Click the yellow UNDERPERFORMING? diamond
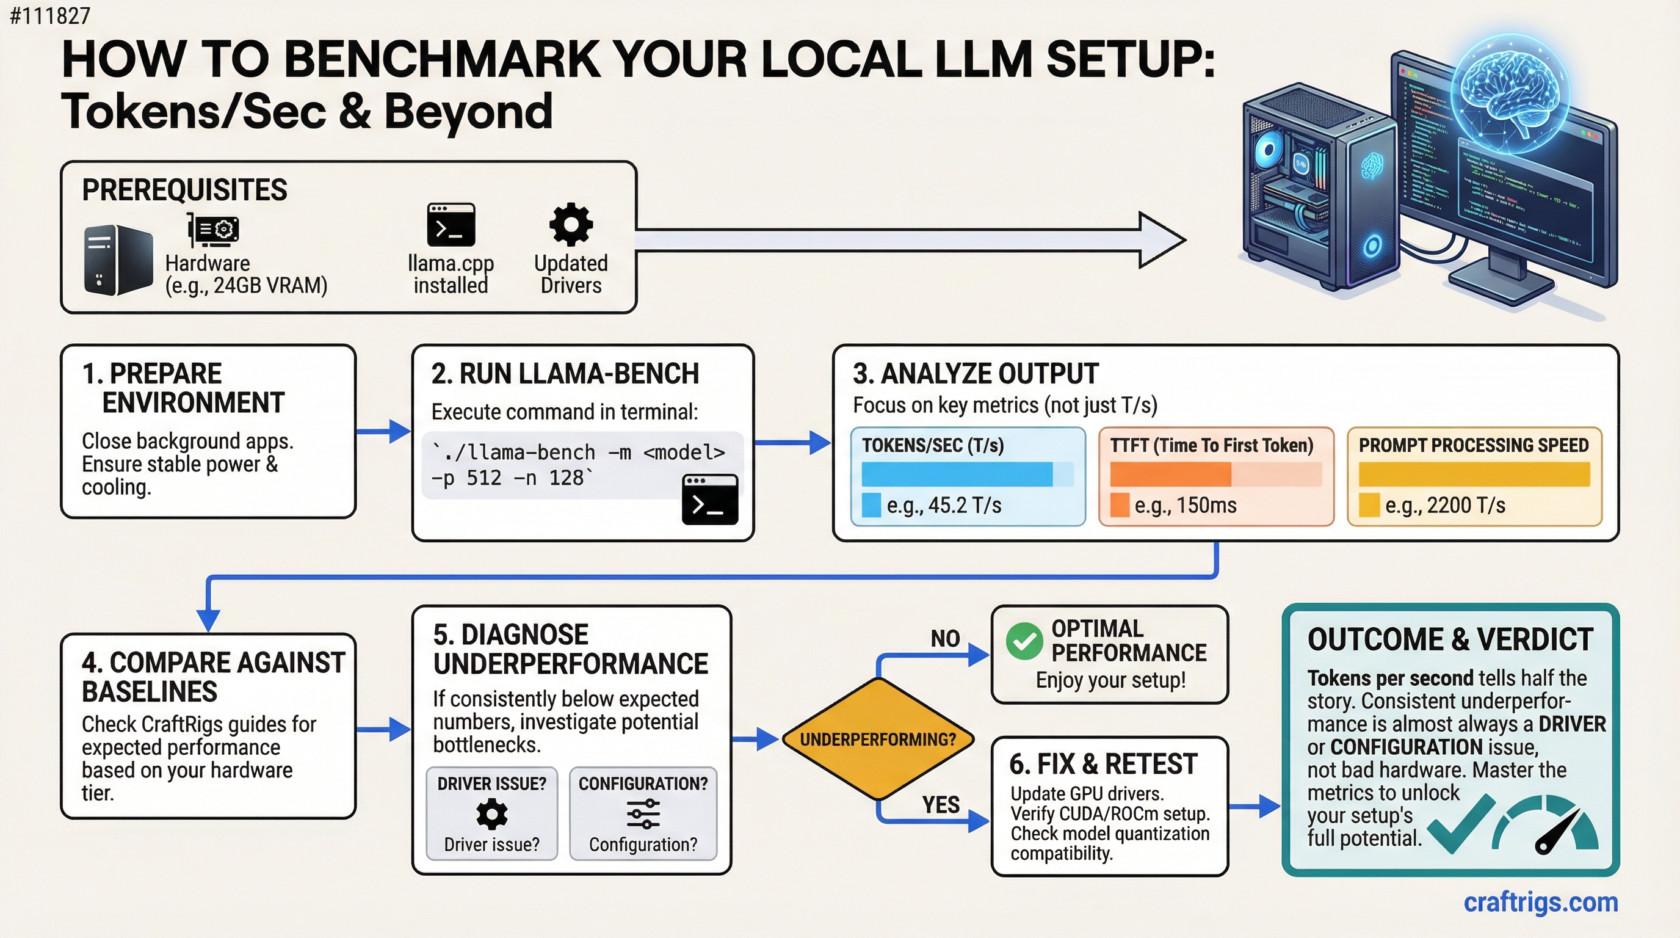tap(878, 739)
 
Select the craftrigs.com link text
tap(1540, 902)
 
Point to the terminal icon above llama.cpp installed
tap(451, 225)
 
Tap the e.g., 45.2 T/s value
tap(943, 505)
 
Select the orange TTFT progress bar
tap(1170, 474)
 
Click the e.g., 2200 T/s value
tap(1444, 505)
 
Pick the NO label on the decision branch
tap(945, 639)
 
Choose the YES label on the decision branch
tap(941, 804)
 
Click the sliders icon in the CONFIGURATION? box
tap(643, 813)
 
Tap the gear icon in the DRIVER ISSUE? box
tap(492, 814)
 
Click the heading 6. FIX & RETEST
tap(1103, 764)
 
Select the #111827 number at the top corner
tap(50, 15)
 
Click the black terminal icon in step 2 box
tap(709, 500)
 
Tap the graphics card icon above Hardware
tap(213, 231)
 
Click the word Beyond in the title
tap(468, 111)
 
